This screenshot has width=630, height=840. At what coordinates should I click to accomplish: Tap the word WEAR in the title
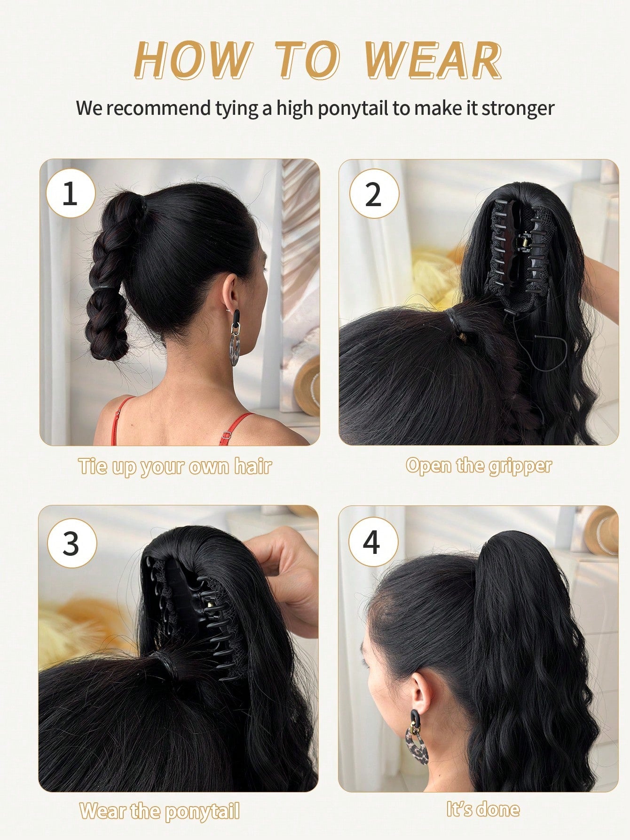[x=433, y=60]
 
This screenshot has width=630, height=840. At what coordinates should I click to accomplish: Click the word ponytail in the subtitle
[x=353, y=109]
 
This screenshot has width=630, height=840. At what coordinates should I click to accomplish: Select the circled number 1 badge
[x=71, y=193]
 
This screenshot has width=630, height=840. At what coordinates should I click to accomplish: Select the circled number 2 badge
[x=374, y=193]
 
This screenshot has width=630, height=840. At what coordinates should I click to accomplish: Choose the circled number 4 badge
[x=373, y=542]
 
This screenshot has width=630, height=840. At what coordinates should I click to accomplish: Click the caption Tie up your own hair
[x=175, y=467]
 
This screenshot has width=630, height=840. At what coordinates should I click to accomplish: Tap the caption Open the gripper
[x=479, y=466]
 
